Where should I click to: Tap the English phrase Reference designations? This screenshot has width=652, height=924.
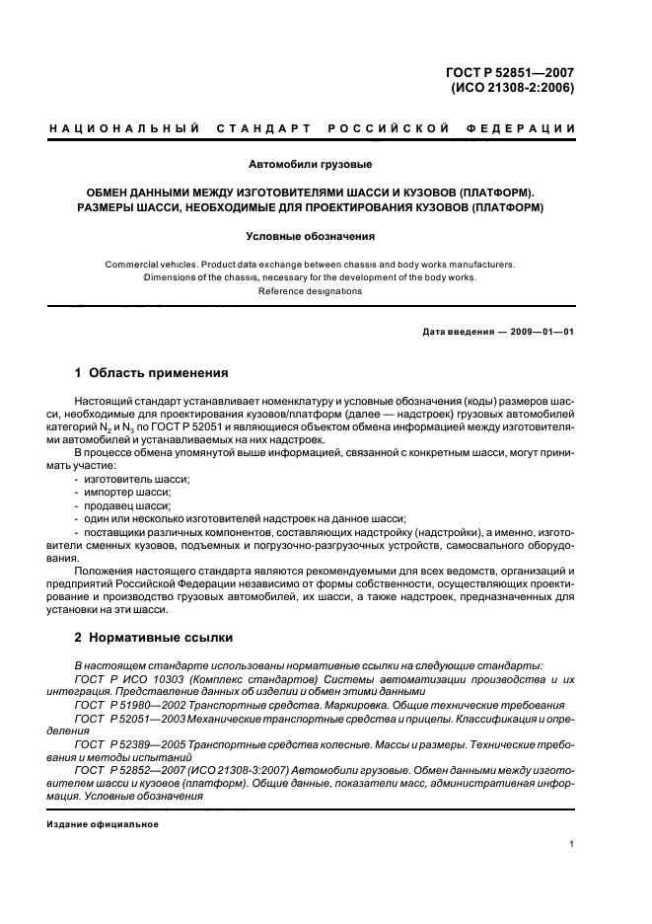pyautogui.click(x=309, y=291)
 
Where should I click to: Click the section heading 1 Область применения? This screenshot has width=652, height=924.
pyautogui.click(x=152, y=373)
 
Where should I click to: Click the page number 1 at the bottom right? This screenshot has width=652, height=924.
pyautogui.click(x=571, y=844)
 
